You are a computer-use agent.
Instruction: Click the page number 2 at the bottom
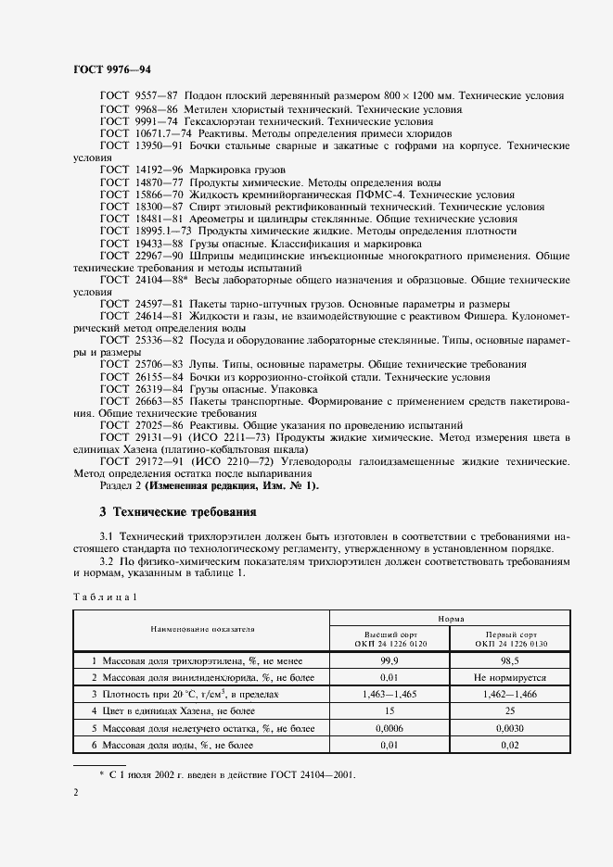76,793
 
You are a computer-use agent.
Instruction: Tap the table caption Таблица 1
105,597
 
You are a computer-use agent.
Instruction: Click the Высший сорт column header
388,637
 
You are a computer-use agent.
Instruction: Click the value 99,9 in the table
388,660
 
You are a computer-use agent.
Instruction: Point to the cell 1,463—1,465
388,694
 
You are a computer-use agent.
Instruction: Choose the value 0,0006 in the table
388,727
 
